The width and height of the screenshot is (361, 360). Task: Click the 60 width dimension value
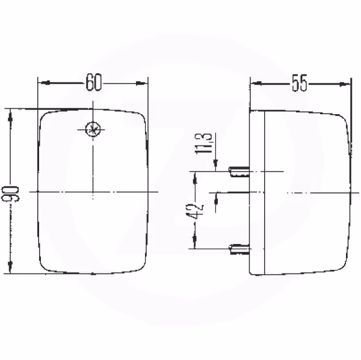93,82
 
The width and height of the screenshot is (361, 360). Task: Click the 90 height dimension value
10,194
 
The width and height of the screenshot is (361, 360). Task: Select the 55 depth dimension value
299,83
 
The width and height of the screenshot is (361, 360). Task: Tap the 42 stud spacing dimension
195,211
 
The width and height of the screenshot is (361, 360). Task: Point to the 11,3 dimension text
203,143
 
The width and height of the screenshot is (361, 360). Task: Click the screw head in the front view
93,129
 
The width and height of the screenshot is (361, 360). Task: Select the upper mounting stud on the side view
239,172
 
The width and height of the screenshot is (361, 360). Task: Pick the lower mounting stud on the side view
239,249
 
